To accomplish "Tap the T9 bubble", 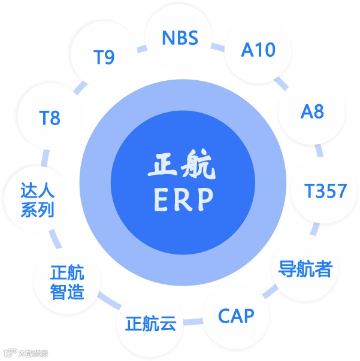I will point(104,56).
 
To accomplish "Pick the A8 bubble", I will point(312,111).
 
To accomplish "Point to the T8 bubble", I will point(50,118).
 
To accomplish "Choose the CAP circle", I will point(236,316).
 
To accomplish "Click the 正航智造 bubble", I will point(68,283).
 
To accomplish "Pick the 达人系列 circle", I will point(38,201).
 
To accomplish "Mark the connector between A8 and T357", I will point(319,150).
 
